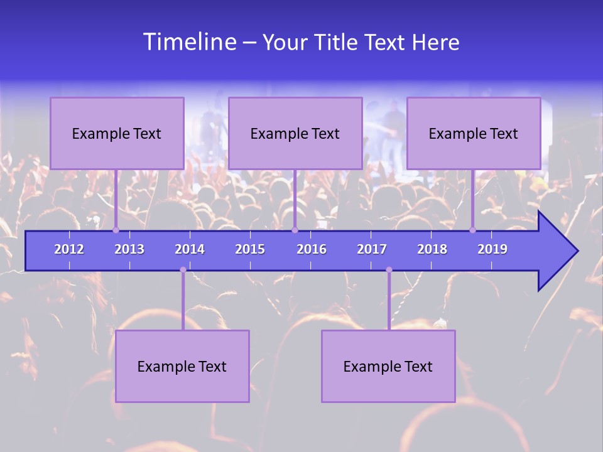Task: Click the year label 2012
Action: [x=69, y=249]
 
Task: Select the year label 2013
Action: [x=129, y=249]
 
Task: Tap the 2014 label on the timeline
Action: [x=190, y=249]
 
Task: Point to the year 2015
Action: [x=250, y=249]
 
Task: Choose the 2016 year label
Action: [x=312, y=249]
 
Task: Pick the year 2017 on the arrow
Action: [x=372, y=249]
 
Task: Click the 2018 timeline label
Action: [x=432, y=249]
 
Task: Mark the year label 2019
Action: [x=492, y=249]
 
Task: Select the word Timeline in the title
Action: [x=189, y=42]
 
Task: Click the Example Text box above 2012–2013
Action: [x=117, y=133]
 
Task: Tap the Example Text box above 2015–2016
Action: [x=295, y=133]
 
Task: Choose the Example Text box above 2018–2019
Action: [x=474, y=133]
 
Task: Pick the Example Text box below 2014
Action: [x=182, y=366]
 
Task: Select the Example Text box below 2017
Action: [x=388, y=366]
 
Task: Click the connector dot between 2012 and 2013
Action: [x=116, y=230]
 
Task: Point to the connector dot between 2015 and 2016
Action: [x=295, y=230]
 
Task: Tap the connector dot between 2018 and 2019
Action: [x=473, y=230]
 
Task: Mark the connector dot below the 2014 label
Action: [x=183, y=270]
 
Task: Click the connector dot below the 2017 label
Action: [x=389, y=270]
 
